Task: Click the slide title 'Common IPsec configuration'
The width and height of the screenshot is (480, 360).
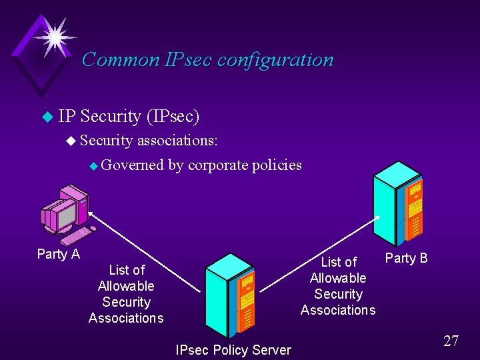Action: coord(207,59)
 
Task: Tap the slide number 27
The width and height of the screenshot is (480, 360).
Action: coord(451,341)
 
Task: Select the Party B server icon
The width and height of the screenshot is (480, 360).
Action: coord(398,203)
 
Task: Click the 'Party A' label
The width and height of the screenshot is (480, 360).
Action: coord(59,254)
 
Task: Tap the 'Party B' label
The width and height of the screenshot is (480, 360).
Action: coord(407,258)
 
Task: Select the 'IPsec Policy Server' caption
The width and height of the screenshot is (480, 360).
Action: coord(233,350)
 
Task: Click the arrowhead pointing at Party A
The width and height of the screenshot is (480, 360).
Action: coord(91,214)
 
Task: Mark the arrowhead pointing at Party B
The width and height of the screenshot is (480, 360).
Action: coord(378,217)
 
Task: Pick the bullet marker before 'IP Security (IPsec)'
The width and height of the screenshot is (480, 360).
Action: coord(46,117)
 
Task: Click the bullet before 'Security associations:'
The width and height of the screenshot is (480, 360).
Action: coord(71,141)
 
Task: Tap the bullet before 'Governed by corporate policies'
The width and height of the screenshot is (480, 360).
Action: coord(94,165)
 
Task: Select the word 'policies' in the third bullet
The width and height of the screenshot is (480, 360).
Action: coord(277,165)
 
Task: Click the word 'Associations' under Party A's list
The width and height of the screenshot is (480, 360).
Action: coord(126,318)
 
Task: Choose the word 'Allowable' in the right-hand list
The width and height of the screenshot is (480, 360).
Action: coord(338,278)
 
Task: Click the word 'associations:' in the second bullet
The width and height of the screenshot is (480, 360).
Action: coord(177,141)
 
